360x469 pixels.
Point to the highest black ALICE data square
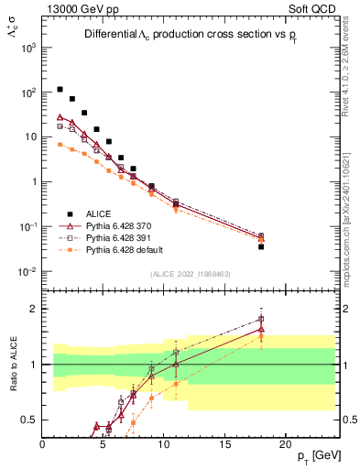pyautogui.click(x=60, y=90)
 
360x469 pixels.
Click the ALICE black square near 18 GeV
pyautogui.click(x=261, y=246)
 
